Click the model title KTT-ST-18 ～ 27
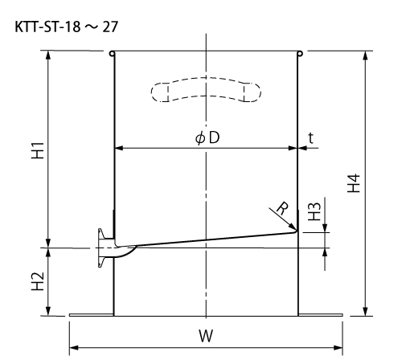click(x=66, y=27)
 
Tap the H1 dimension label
click(x=38, y=151)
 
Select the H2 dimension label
click(x=38, y=281)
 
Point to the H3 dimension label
click(x=314, y=211)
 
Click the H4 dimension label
click(x=354, y=183)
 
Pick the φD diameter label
click(x=207, y=138)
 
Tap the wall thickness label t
click(x=310, y=138)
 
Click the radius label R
click(x=283, y=209)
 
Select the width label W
click(x=206, y=336)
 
